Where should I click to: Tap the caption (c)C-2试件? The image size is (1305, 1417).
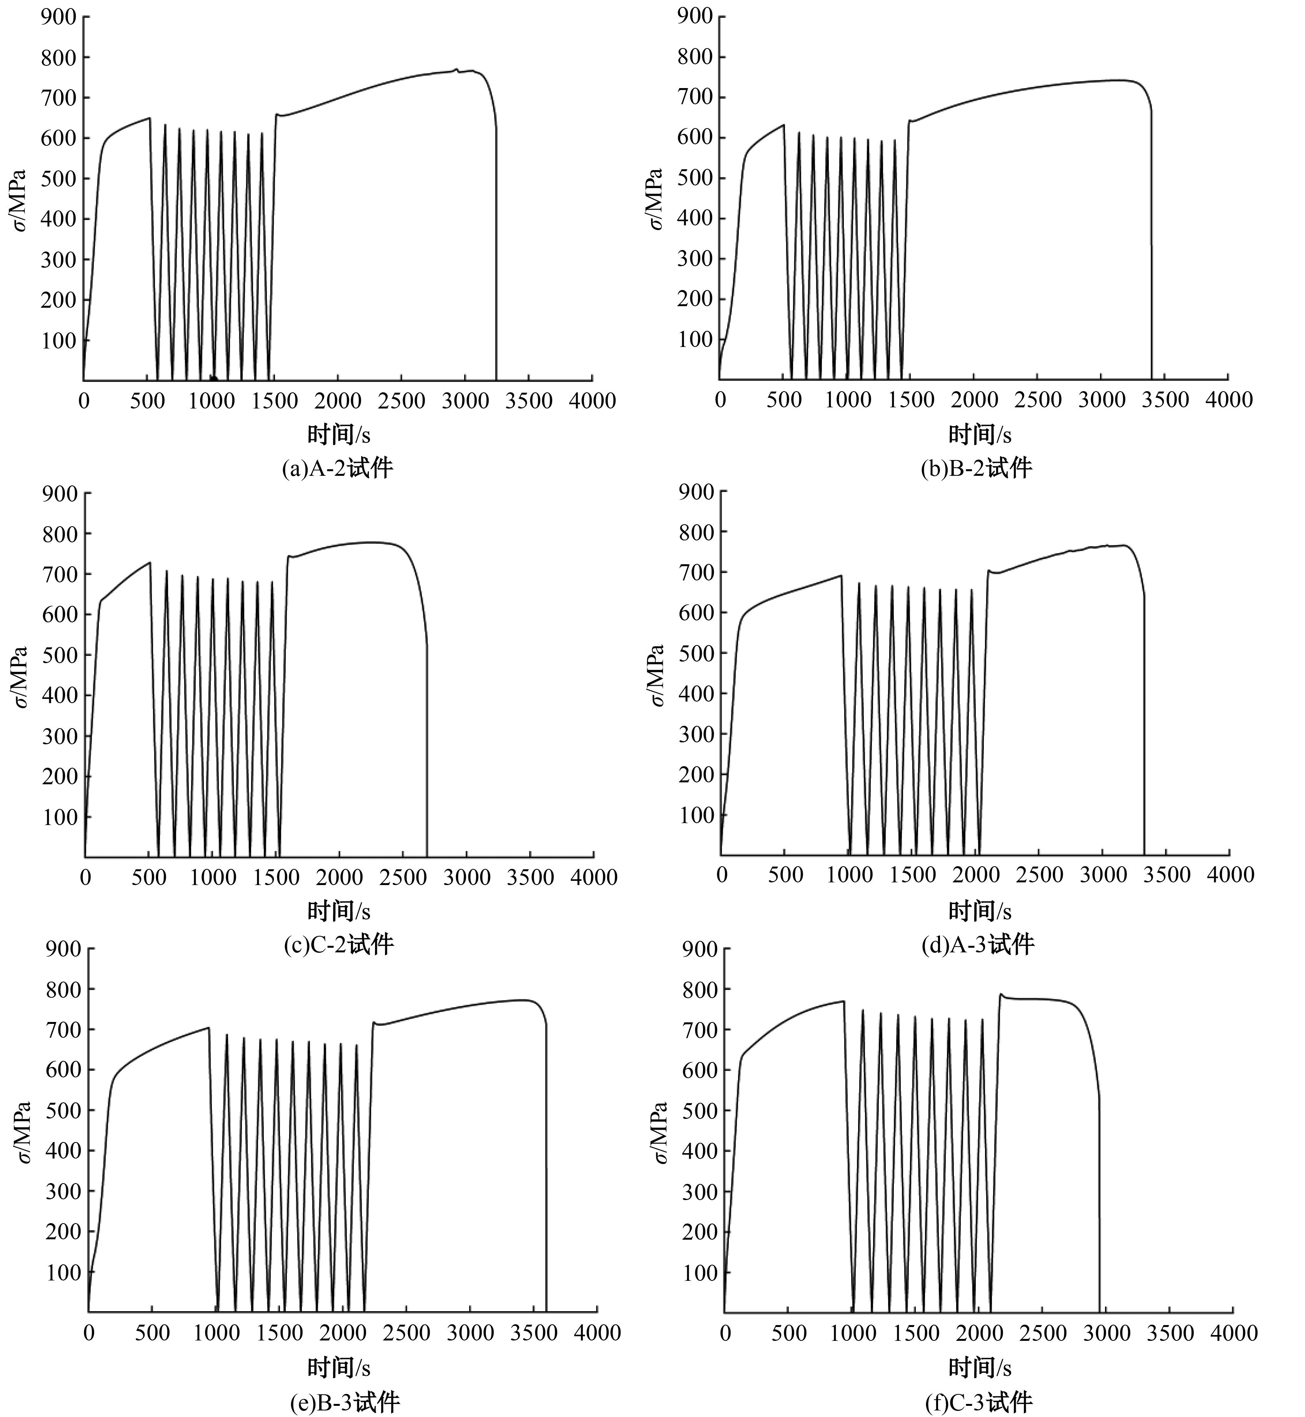[338, 945]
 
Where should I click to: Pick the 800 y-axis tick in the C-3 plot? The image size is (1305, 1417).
[700, 989]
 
